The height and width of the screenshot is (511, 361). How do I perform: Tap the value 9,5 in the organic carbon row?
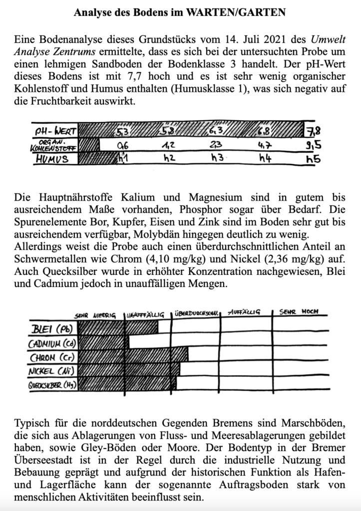(x=313, y=146)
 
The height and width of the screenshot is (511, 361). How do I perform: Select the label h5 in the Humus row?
(x=313, y=159)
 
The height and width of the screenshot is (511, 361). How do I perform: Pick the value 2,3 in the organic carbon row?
(x=216, y=146)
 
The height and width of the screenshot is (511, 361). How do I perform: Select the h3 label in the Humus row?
(x=216, y=159)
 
